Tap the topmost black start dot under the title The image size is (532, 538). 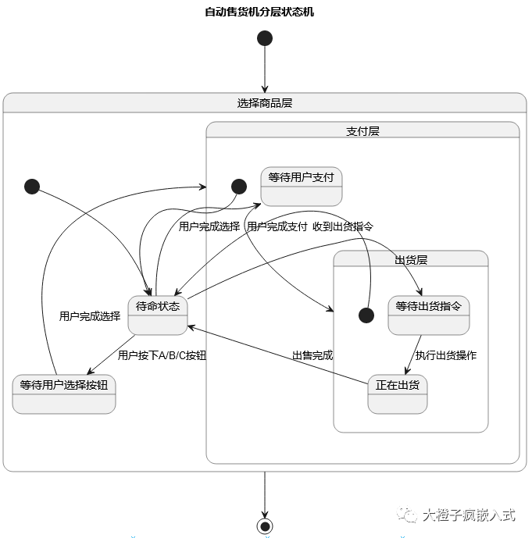click(x=265, y=38)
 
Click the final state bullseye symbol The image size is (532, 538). click(x=265, y=526)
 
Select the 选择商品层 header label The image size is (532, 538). click(x=265, y=103)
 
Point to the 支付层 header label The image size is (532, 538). click(x=362, y=131)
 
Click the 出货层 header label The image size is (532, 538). click(x=411, y=260)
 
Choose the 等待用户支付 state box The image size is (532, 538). click(x=301, y=187)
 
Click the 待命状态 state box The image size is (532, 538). click(x=158, y=315)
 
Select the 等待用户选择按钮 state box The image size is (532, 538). click(x=64, y=394)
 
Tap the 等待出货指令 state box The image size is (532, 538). click(x=428, y=315)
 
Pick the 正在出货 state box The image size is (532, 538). click(x=398, y=394)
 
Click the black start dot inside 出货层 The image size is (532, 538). click(x=366, y=315)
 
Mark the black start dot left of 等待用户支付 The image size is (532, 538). click(x=239, y=186)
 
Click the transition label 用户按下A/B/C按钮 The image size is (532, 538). click(x=162, y=355)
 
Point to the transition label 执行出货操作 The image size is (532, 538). click(x=446, y=355)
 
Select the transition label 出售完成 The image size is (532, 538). click(x=312, y=355)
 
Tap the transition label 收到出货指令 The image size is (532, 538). click(x=343, y=226)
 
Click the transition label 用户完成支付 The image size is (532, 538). click(x=277, y=226)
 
